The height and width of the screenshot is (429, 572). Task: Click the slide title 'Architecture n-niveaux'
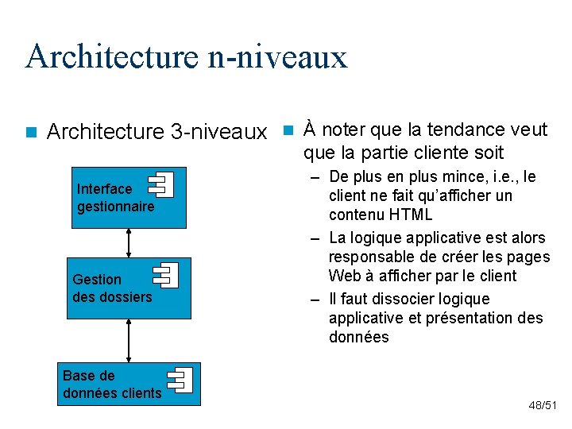[x=186, y=56]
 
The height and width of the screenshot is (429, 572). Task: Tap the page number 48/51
[x=543, y=406]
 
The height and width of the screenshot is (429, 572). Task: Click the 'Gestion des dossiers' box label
[x=111, y=288]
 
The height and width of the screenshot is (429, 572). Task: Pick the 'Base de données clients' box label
[x=111, y=385]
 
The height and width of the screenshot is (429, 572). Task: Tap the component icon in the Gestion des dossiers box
[x=167, y=275]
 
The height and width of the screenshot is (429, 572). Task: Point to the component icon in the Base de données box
[x=180, y=379]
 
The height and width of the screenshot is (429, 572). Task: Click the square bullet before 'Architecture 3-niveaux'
[x=30, y=132]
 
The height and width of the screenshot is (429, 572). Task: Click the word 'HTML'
[x=411, y=214]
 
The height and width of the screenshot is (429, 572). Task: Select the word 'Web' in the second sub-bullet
[x=343, y=276]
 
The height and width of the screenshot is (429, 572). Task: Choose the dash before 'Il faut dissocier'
[x=315, y=300]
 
